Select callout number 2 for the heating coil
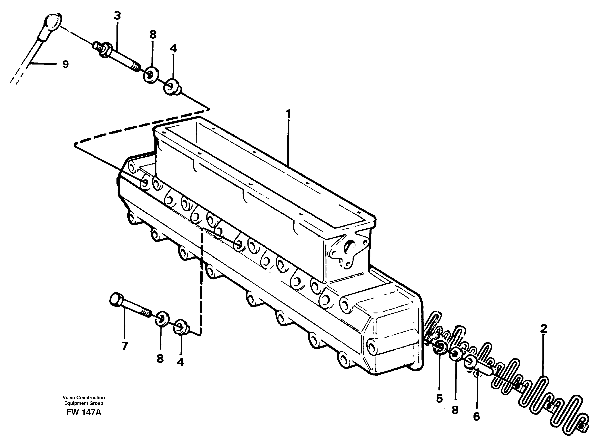tap(543, 329)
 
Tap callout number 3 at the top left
tap(117, 16)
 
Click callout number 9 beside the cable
tap(65, 64)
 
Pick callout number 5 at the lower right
tap(439, 399)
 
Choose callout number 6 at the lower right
tap(476, 417)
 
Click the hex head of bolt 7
tap(116, 299)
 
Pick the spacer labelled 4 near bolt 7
tap(181, 327)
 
